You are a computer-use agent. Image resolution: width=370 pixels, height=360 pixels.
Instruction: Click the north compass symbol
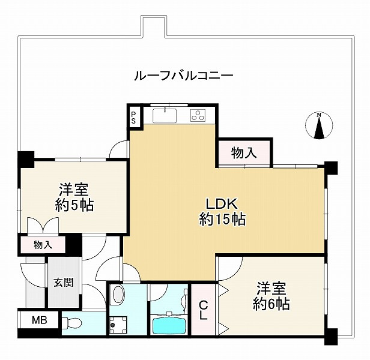point(320,127)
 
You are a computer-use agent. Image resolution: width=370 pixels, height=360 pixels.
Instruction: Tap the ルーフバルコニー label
point(183,76)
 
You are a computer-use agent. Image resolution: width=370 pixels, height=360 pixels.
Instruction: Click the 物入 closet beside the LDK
point(244,153)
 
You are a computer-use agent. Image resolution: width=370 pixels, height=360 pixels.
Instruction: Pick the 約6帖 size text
point(271,304)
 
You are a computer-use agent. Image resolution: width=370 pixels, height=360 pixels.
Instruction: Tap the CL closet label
point(203,310)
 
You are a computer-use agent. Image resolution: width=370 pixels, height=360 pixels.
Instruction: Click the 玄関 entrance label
point(63,282)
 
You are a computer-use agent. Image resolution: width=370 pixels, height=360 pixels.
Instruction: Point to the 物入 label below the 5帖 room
point(43,245)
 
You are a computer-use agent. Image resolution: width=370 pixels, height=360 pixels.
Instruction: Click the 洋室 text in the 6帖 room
point(271,287)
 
